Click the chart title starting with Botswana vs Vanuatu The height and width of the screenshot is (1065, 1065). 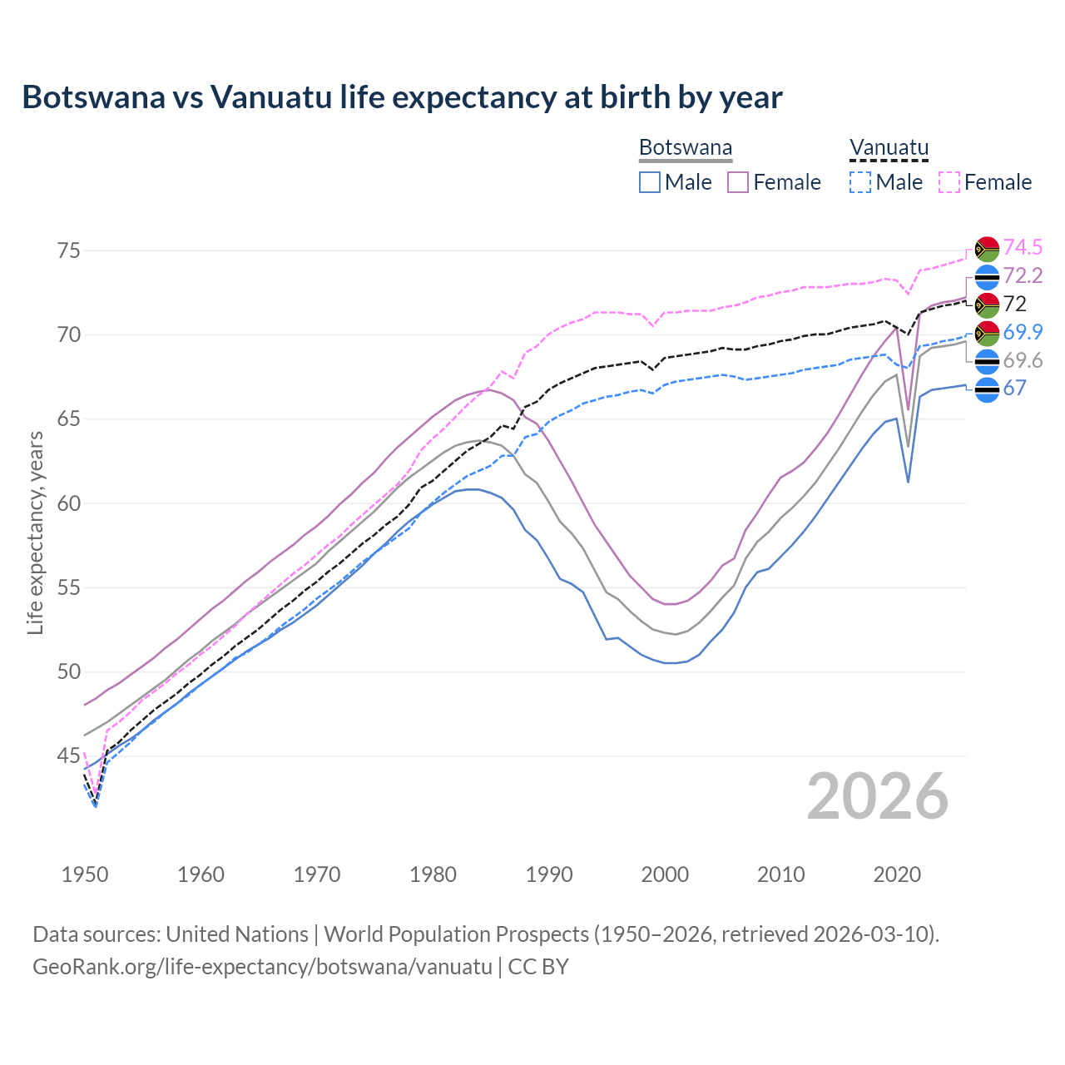click(x=402, y=97)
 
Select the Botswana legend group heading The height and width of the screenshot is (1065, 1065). click(x=686, y=148)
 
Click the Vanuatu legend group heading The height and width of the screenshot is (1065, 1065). click(x=889, y=148)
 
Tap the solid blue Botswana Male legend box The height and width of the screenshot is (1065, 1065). click(x=650, y=182)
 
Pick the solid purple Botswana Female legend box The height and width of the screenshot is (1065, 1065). click(x=738, y=182)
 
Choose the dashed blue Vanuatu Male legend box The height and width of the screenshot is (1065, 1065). click(x=860, y=182)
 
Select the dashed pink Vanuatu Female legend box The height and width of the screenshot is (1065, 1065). click(x=949, y=182)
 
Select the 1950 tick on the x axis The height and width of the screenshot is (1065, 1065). click(x=85, y=874)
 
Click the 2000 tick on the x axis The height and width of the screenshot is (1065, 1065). click(x=665, y=874)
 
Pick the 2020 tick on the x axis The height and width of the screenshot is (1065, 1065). click(x=897, y=874)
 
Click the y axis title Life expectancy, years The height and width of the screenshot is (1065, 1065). click(x=35, y=532)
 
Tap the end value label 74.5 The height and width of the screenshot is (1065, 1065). click(x=1023, y=247)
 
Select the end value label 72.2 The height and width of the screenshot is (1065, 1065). click(x=1023, y=275)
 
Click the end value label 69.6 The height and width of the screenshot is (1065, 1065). click(x=1023, y=360)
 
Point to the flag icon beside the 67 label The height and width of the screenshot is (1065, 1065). click(x=987, y=389)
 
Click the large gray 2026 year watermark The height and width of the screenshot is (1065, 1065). click(x=878, y=796)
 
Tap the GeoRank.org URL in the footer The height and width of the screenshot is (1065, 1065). click(x=262, y=967)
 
